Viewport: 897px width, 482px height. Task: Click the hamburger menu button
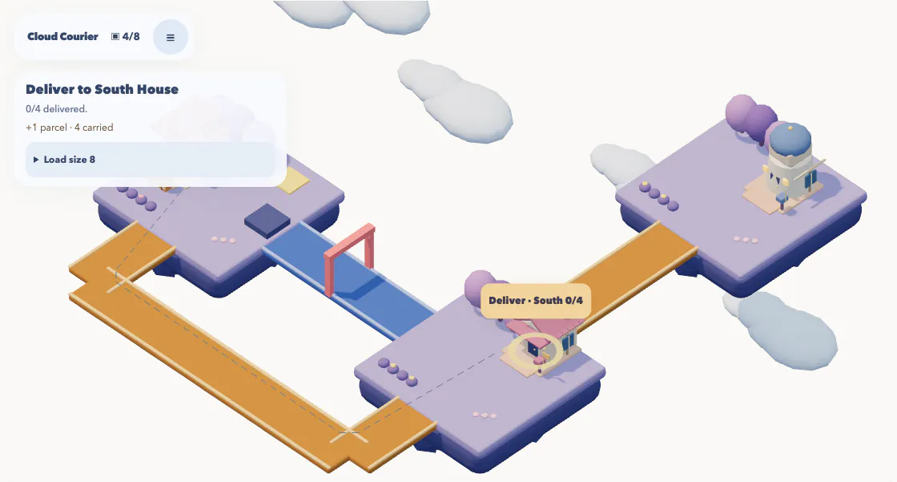[171, 37]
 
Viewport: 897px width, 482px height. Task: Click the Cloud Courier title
[63, 37]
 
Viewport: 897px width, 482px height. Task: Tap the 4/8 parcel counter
[125, 37]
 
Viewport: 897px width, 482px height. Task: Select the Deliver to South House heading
[102, 89]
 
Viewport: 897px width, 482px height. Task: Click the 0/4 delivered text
[56, 109]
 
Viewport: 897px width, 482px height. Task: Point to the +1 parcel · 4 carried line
[69, 128]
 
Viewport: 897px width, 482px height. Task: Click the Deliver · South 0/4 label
[536, 300]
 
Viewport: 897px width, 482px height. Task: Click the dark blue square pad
[267, 220]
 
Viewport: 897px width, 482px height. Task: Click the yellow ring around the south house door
[536, 350]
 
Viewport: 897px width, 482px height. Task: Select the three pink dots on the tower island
[746, 240]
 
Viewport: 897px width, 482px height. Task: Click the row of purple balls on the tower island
[659, 196]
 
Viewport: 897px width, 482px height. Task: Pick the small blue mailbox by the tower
[782, 199]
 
